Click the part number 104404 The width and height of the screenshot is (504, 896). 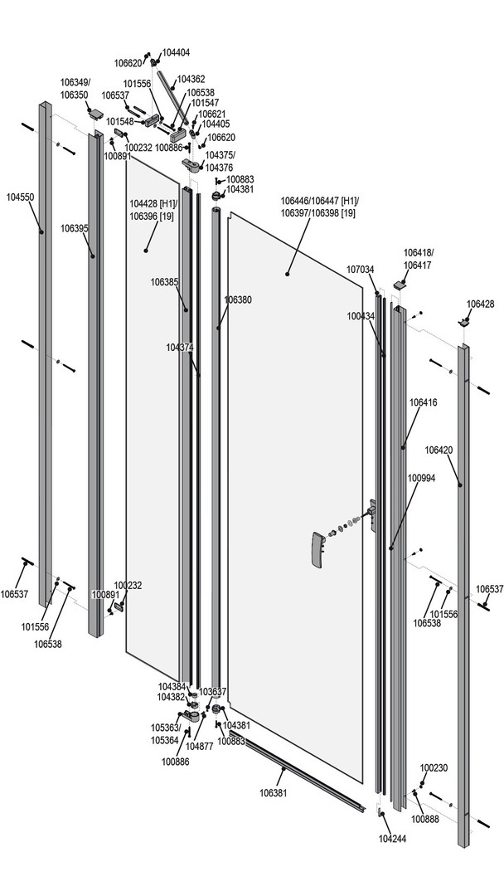tap(176, 52)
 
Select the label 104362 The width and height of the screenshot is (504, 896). tap(191, 79)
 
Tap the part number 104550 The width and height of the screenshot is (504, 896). tap(20, 197)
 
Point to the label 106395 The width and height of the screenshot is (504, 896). tap(75, 227)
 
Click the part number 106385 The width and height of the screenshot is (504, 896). tap(165, 283)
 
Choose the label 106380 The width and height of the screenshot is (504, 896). tap(238, 299)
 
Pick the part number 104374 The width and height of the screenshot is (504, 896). tap(180, 347)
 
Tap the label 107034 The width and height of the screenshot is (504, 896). tap(361, 270)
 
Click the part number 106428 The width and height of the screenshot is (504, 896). tap(480, 304)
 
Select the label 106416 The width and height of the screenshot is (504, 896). tap(423, 402)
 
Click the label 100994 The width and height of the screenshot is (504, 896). tap(421, 478)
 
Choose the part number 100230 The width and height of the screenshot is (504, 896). tap(434, 767)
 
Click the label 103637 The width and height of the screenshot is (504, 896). tap(212, 691)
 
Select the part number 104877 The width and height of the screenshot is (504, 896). tap(200, 746)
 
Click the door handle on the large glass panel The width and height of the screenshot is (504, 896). tap(316, 548)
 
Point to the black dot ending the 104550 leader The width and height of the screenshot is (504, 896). tap(41, 231)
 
